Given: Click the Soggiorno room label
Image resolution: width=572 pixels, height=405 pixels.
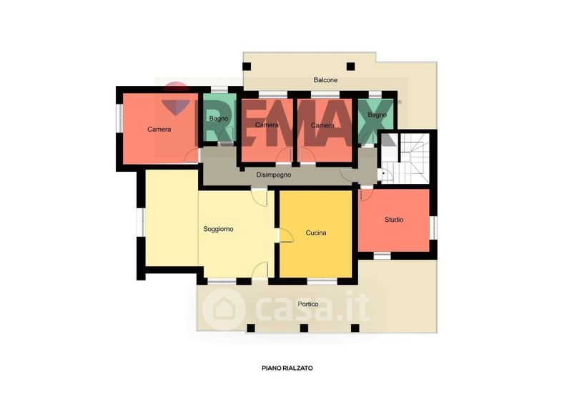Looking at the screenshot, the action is [218, 230].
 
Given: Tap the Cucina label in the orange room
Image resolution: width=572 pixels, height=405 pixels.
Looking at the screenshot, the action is [316, 233].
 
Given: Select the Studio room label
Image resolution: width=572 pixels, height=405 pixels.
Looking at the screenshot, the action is [394, 220].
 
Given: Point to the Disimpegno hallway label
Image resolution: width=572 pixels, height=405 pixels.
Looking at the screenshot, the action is [274, 175].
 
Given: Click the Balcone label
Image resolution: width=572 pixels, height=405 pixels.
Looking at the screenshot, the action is [325, 79].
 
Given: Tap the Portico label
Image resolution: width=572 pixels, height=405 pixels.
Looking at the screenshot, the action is [308, 304].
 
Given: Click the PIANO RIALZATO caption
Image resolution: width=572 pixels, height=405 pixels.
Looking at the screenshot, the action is [287, 368].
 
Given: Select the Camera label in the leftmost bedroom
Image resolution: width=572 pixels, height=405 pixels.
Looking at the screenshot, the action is [159, 130].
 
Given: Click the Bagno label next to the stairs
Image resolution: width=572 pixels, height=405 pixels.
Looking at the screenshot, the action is [377, 114].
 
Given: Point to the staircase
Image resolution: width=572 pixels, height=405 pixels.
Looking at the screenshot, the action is [405, 159].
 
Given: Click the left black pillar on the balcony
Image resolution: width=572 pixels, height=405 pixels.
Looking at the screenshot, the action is [247, 67].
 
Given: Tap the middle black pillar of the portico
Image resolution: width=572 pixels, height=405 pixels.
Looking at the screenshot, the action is [304, 328].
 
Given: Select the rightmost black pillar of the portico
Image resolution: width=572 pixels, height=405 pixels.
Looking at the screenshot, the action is [355, 328].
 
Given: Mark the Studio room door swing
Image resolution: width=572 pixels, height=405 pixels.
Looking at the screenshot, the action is [366, 193].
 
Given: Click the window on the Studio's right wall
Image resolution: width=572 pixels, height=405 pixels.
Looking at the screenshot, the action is [433, 227].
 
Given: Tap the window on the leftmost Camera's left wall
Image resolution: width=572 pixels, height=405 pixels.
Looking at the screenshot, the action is [119, 118].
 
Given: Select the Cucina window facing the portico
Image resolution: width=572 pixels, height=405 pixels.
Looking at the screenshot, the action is [322, 280].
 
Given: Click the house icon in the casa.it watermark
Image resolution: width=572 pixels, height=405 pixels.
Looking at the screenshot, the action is [223, 309].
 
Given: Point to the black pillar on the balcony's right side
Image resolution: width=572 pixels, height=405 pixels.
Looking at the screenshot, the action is [350, 67].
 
